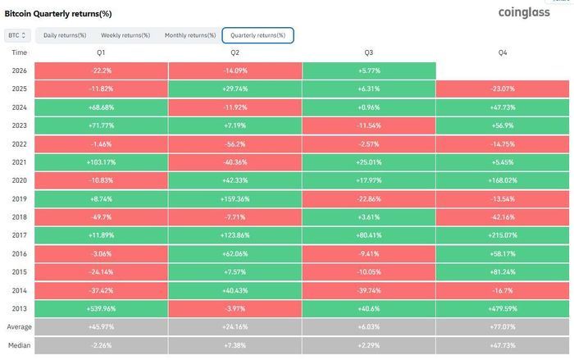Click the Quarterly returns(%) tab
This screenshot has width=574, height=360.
(x=257, y=35)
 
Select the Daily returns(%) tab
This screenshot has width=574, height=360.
(x=65, y=35)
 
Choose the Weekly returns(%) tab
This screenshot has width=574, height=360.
(x=125, y=35)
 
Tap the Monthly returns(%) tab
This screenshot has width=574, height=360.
(x=190, y=35)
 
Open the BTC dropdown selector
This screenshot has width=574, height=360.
(x=17, y=35)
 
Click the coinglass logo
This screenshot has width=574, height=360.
(x=524, y=12)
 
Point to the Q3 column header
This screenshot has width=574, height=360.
(x=369, y=52)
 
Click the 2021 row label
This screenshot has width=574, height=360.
(x=19, y=162)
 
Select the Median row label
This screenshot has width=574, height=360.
(x=19, y=345)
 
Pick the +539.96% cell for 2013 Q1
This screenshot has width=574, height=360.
(x=101, y=308)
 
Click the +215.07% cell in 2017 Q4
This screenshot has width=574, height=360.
(x=502, y=235)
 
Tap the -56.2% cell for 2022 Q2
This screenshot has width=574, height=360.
(x=235, y=144)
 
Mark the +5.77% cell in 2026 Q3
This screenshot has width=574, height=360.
(x=369, y=71)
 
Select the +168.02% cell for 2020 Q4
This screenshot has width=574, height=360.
(x=502, y=180)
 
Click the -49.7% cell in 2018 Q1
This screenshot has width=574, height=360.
(x=101, y=217)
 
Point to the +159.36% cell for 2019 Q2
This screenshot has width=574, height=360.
(x=235, y=198)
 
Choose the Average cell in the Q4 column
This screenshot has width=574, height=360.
(x=502, y=326)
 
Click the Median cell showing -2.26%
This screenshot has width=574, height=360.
(x=101, y=345)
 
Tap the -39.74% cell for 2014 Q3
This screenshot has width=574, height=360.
(x=369, y=290)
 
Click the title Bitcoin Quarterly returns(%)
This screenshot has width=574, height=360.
(x=58, y=14)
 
